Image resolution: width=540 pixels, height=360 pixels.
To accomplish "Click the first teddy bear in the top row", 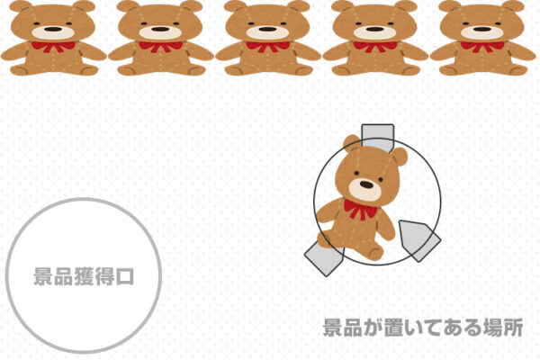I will click(53, 38).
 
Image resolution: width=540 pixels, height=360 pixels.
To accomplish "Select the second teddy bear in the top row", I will click(160, 38).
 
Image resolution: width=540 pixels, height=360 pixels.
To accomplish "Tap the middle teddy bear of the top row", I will click(268, 38).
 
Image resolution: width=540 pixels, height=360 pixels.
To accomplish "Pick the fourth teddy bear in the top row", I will click(375, 38).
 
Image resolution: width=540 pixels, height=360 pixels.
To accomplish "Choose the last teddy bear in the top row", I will click(483, 38).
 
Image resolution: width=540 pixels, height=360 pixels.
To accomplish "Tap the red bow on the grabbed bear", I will click(361, 211).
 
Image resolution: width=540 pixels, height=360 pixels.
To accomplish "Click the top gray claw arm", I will click(377, 136).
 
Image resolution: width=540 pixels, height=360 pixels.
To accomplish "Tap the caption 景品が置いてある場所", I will click(423, 327).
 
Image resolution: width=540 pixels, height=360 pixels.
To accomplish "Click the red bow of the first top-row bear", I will click(52, 46).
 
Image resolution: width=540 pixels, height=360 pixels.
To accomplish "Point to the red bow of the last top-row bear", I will click(482, 46).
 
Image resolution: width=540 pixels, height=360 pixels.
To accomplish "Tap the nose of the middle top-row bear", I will click(267, 29).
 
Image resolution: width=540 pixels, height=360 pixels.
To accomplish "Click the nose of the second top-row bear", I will click(159, 29).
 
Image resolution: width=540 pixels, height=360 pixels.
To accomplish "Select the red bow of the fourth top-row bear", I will click(374, 46).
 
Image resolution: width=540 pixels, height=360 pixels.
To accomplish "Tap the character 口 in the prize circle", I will click(125, 275).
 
